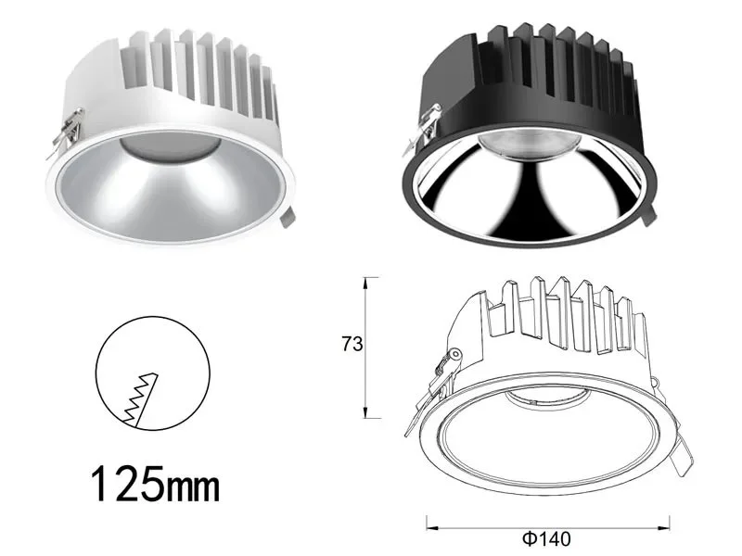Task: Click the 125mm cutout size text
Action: (156, 483)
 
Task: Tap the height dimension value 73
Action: (351, 343)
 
